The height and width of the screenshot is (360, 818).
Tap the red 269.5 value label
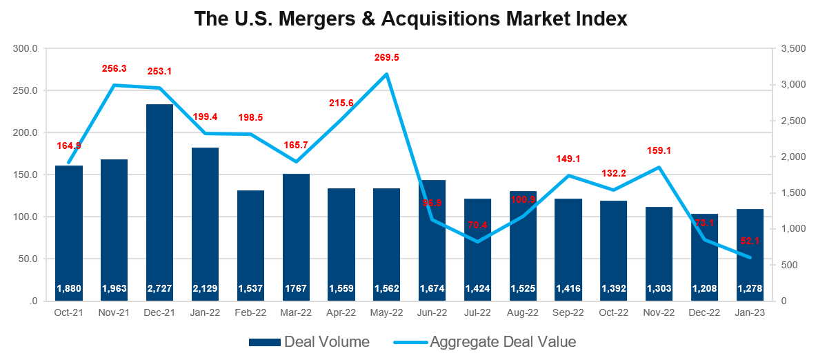[386, 57]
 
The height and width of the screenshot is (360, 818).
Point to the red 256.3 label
[114, 69]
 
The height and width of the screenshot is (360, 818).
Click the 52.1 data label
[750, 240]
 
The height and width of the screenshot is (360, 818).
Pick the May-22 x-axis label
[386, 313]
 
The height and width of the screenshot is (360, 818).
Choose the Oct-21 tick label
[69, 313]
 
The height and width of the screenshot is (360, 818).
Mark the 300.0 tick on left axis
[27, 49]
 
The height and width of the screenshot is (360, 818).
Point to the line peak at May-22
[386, 74]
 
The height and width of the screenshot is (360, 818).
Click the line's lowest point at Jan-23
[750, 258]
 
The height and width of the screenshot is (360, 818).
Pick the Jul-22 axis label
[477, 313]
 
